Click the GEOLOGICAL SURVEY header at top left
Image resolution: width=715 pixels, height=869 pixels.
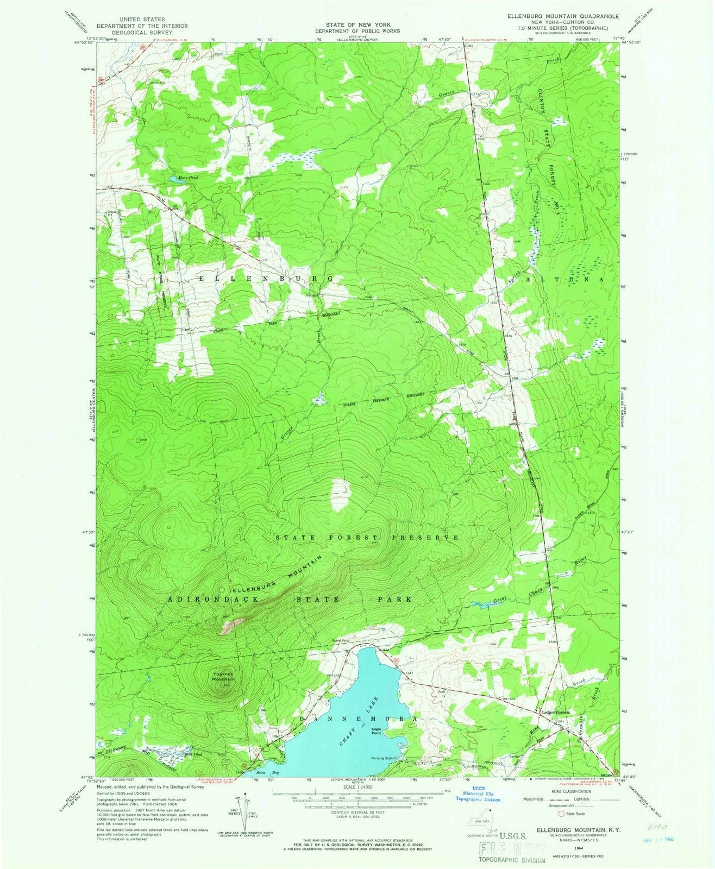pos(135,32)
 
